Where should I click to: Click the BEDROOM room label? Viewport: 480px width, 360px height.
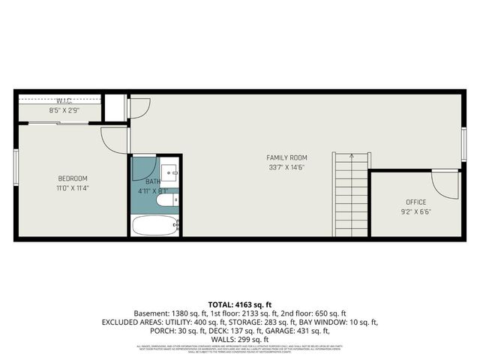click(73, 178)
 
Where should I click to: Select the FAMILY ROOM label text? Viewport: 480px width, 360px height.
click(287, 157)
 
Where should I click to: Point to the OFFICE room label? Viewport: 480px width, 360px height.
click(415, 202)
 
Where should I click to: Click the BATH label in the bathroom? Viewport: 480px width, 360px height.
click(153, 181)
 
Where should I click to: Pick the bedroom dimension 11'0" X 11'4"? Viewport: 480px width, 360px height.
click(73, 188)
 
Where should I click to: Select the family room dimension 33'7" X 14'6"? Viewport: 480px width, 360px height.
click(287, 167)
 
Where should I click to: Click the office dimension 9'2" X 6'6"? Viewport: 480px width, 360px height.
click(415, 211)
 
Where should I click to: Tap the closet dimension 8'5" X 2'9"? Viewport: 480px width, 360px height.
click(64, 111)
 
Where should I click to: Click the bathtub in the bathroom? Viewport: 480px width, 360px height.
click(155, 225)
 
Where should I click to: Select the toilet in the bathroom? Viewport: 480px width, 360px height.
click(165, 199)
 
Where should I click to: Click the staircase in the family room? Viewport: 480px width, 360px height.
click(351, 195)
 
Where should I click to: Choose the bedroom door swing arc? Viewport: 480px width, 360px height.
click(114, 139)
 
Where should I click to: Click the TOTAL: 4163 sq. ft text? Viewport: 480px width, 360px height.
click(240, 304)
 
